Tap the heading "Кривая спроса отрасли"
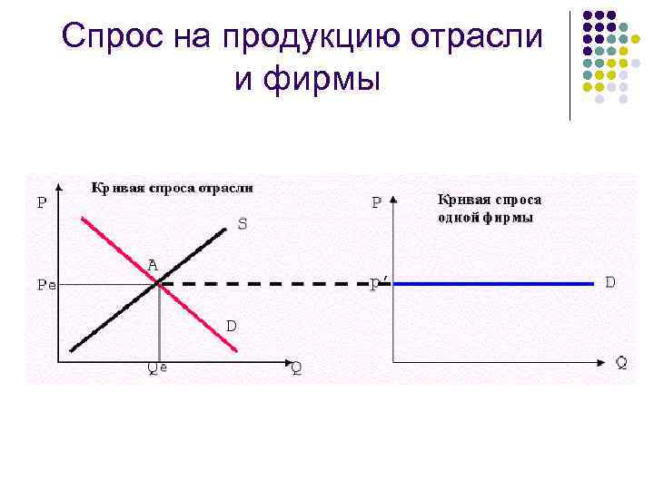(x=173, y=188)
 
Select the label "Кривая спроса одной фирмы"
(x=490, y=208)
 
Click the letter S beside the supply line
(x=243, y=223)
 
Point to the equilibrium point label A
(x=153, y=265)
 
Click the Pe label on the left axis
(x=45, y=284)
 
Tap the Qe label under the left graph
(x=157, y=367)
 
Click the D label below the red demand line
(x=232, y=324)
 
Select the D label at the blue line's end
(x=611, y=282)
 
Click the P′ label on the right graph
(x=380, y=285)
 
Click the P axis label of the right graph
(x=376, y=203)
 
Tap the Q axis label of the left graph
(x=296, y=367)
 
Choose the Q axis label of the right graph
(x=620, y=363)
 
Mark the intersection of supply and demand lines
(x=159, y=284)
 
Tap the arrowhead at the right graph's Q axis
(x=604, y=361)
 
